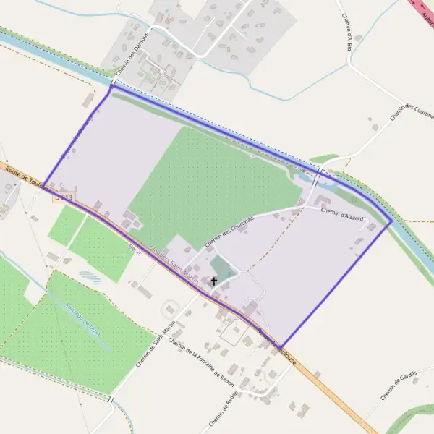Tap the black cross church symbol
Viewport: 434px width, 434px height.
click(213, 280)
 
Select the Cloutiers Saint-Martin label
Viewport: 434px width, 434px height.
click(173, 263)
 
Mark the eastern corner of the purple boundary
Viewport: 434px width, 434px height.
click(391, 221)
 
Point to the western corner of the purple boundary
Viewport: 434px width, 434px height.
click(43, 186)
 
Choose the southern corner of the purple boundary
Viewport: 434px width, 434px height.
click(280, 347)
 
